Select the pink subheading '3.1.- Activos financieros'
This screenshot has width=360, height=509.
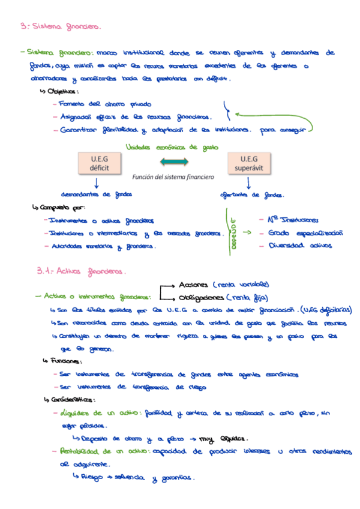click(81, 271)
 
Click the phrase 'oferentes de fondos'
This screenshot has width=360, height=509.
click(252, 194)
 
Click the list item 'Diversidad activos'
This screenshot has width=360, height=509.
click(299, 244)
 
